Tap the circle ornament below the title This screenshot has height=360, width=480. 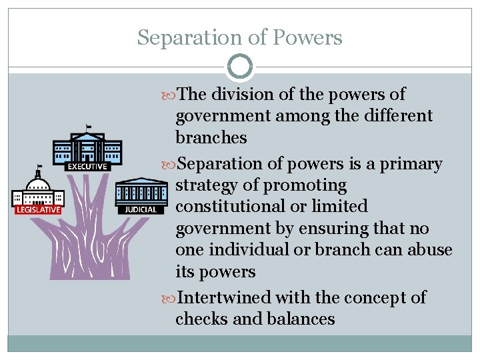(240, 67)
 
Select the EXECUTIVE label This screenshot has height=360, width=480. (87, 167)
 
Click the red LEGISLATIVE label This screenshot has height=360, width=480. (37, 209)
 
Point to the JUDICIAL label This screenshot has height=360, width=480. (141, 209)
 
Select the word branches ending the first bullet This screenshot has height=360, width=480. (211, 138)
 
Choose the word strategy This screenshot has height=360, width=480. (206, 185)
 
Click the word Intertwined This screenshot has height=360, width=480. (224, 297)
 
